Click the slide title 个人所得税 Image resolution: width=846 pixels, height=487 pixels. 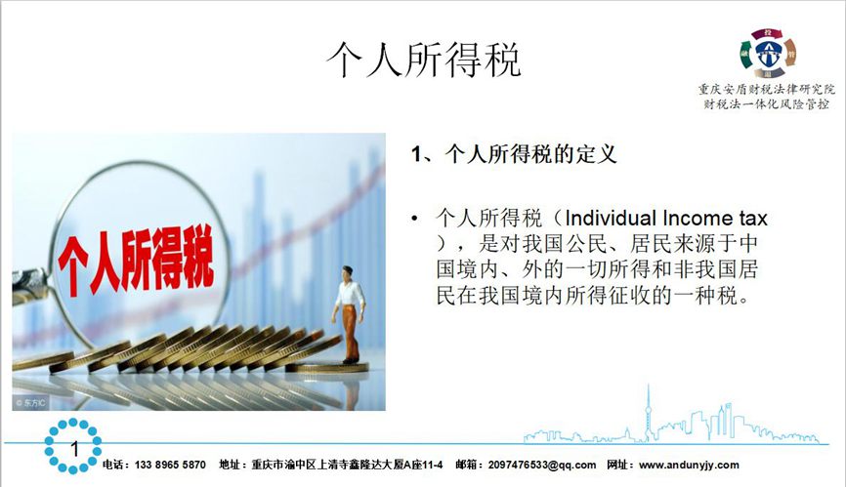(x=424, y=60)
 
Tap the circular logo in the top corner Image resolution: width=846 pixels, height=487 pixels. (x=767, y=54)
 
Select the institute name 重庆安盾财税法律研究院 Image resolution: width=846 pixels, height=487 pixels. (x=767, y=90)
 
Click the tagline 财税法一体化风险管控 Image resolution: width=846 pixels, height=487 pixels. (x=767, y=104)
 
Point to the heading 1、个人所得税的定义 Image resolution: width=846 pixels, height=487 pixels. (x=514, y=154)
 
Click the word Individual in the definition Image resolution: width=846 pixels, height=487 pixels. (x=611, y=219)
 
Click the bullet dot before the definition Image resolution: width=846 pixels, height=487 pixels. (x=414, y=219)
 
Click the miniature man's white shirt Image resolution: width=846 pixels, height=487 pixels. (x=349, y=294)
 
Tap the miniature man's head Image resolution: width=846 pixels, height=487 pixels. (x=348, y=272)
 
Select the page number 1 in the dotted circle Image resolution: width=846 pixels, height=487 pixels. (x=74, y=448)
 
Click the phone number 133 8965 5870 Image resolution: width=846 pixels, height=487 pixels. (x=170, y=465)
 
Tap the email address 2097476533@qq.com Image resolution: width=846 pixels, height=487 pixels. (x=542, y=465)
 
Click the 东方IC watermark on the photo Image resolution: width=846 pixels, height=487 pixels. (x=31, y=402)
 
